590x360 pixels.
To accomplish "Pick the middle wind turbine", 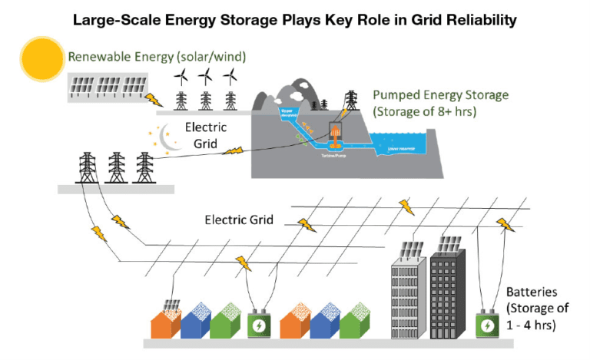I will click(205, 77).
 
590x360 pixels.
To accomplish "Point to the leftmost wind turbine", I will click(182, 77).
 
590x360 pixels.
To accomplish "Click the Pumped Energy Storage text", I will click(440, 95).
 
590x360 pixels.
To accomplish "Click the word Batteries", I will click(532, 293).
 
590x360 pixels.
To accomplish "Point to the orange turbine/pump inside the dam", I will click(336, 141).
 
